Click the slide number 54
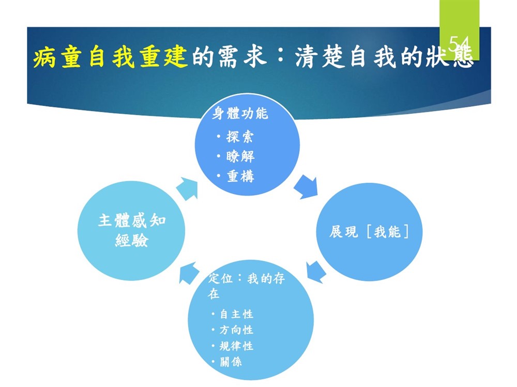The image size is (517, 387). pos(459,43)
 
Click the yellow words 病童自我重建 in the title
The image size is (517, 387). pos(110,57)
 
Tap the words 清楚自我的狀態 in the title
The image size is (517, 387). pos(384,57)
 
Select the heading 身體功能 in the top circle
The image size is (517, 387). pos(240,113)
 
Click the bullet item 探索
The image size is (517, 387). pos(240,136)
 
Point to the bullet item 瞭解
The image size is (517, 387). pos(240,156)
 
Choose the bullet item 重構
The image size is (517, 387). pos(240,176)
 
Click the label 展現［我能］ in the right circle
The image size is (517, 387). pos(369,231)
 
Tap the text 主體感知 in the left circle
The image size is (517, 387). pos(131,221)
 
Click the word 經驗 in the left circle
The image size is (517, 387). pos(131,240)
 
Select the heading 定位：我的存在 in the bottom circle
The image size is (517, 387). pos(246,285)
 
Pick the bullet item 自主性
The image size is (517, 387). pos(236,314)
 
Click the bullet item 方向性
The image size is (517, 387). pos(236,330)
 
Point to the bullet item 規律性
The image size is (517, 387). pos(236,346)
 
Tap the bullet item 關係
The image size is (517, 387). pos(231,362)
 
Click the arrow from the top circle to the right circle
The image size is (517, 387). pos(306,187)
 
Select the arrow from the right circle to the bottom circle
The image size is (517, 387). pos(315,272)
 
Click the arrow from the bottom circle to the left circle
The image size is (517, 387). pos(189,273)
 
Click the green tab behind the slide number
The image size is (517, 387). pos(459,30)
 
